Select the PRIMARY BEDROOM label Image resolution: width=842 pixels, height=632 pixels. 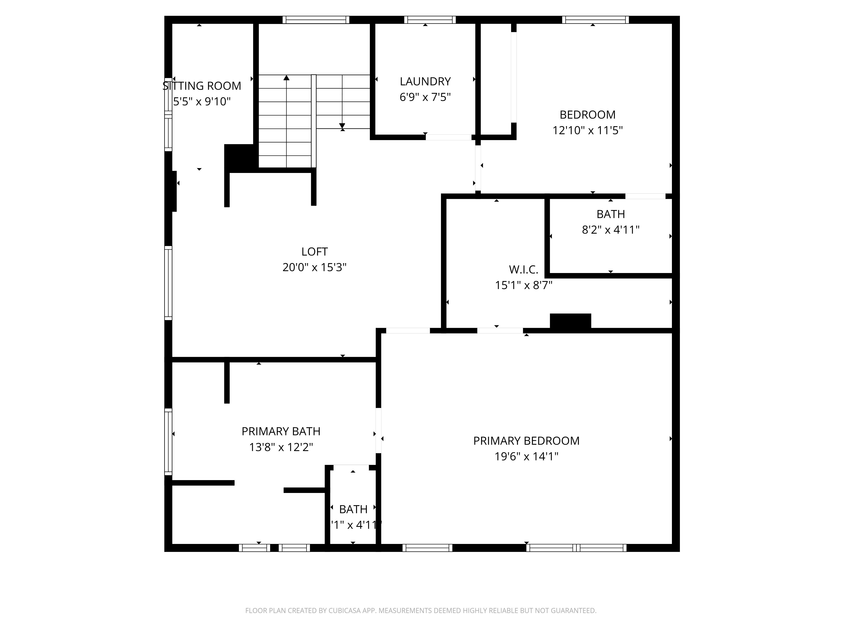coord(526,441)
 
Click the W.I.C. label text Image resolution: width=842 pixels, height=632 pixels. coord(523,270)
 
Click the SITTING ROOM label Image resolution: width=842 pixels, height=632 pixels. coord(202,86)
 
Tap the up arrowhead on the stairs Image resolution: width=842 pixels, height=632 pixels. coord(286,78)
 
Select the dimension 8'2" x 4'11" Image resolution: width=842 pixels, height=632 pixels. coord(611,230)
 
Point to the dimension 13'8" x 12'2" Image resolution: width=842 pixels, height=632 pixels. coord(281,447)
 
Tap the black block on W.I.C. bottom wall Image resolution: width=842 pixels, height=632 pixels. coord(570,321)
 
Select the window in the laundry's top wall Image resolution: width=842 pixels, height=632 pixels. coord(430,20)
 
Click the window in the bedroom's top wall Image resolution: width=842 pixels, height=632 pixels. coord(595,20)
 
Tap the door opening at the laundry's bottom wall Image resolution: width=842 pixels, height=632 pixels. coord(448,137)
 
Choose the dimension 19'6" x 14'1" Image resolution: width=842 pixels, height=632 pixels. coord(526,456)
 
